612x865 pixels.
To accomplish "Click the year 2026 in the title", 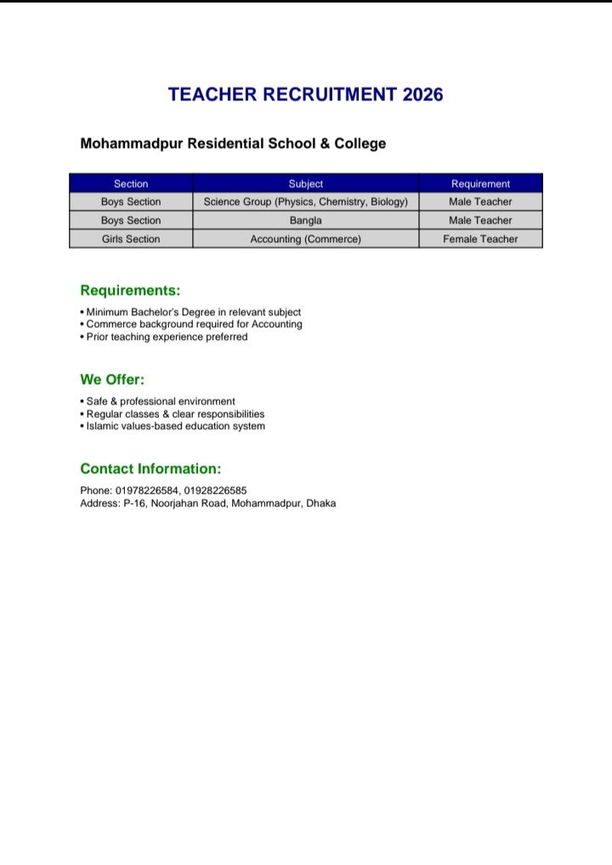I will pyautogui.click(x=422, y=94).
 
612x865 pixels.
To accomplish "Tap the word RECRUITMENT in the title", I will pyautogui.click(x=326, y=94).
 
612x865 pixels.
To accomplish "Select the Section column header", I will pyautogui.click(x=131, y=184).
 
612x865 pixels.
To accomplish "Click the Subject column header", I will pyautogui.click(x=306, y=184).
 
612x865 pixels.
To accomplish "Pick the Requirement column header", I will pyautogui.click(x=480, y=184).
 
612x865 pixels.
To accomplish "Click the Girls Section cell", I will pyautogui.click(x=131, y=239).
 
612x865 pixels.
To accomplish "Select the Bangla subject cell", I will pyautogui.click(x=306, y=220).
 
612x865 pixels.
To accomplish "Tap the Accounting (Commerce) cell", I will pyautogui.click(x=306, y=239).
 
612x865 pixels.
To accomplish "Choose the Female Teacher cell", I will pyautogui.click(x=480, y=239).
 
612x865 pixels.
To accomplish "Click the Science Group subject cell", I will pyautogui.click(x=306, y=202).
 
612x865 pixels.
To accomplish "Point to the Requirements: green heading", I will pyautogui.click(x=130, y=291).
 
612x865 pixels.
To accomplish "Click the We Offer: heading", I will pyautogui.click(x=112, y=380).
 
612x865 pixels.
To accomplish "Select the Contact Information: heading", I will pyautogui.click(x=150, y=469).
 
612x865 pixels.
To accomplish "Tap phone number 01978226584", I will pyautogui.click(x=146, y=490).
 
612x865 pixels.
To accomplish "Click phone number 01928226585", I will pyautogui.click(x=215, y=490).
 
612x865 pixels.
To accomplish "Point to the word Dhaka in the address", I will pyautogui.click(x=321, y=503).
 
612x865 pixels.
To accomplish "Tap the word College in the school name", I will pyautogui.click(x=360, y=144).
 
